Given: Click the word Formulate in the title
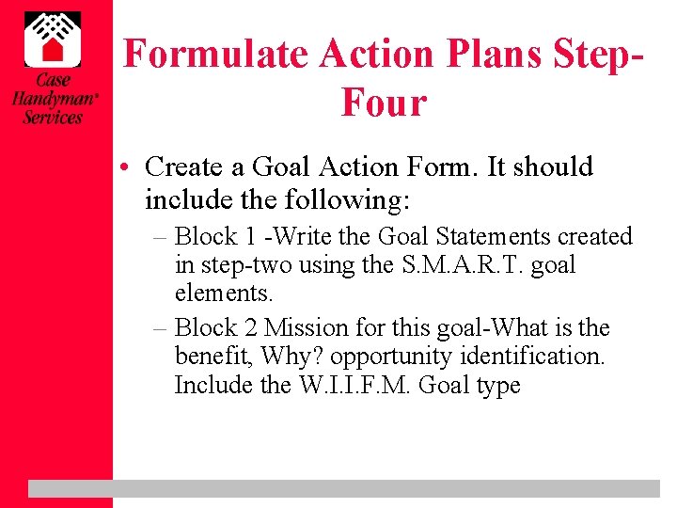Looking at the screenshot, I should pos(217,55).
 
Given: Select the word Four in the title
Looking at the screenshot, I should pos(384,103).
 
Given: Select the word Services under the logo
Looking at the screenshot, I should pos(53,118).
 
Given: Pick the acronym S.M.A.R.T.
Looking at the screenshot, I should pos(464,264).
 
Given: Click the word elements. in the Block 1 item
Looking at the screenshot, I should pos(224,293).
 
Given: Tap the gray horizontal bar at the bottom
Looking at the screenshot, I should pos(344,488).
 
